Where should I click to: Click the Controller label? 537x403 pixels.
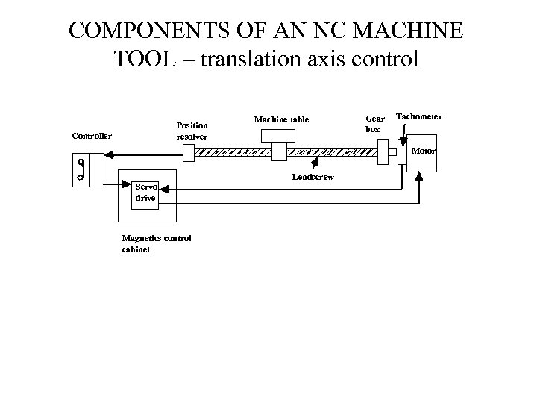click(91, 136)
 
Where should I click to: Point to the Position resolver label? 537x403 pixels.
click(192, 131)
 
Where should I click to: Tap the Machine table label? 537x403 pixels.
click(280, 119)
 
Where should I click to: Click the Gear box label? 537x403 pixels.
click(374, 123)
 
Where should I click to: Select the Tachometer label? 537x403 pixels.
click(418, 117)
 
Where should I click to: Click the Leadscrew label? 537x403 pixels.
click(313, 176)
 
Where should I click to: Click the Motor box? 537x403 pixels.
click(421, 154)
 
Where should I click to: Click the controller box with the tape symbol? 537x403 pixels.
click(87, 170)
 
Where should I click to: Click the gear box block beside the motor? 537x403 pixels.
click(383, 152)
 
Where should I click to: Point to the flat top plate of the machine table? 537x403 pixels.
click(280, 134)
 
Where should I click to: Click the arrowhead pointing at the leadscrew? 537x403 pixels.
click(317, 159)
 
